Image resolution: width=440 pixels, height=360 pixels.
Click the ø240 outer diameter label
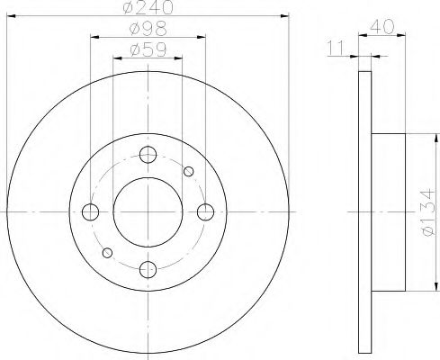pos(148,9)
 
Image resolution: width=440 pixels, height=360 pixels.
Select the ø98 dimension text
pos(148,31)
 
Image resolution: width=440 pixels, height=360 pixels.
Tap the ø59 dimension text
pos(148,50)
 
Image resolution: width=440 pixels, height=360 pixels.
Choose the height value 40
pos(382,26)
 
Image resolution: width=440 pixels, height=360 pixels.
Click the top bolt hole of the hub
pos(148,155)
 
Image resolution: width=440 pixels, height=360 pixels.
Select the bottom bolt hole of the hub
pos(148,268)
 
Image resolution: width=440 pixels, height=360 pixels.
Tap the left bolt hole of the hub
pos(91,211)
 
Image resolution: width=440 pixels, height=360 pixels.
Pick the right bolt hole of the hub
pos(206,211)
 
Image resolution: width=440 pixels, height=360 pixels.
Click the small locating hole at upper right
pos(188,171)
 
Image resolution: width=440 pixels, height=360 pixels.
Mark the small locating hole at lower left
pos(108,252)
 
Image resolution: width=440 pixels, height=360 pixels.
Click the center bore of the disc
pos(148,211)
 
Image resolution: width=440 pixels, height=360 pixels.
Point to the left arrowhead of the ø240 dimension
pos(11,15)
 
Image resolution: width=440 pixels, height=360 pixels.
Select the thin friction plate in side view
pos(364,211)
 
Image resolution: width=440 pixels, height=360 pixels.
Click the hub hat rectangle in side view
pos(389,211)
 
